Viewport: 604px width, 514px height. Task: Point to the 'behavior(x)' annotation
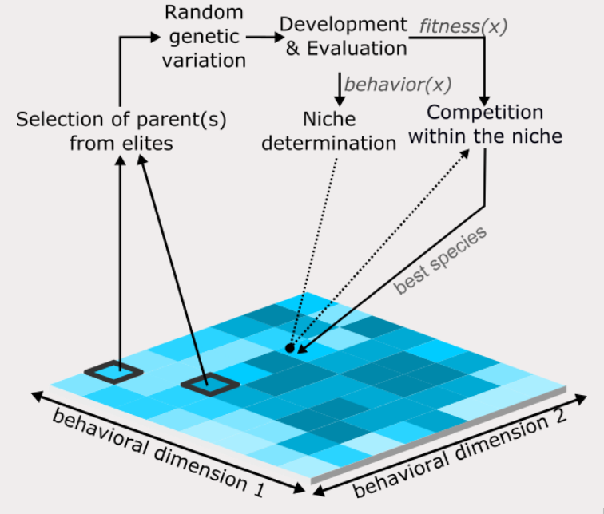tap(398, 83)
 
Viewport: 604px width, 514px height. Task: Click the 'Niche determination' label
tap(340, 132)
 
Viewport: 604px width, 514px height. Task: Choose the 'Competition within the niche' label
tap(485, 124)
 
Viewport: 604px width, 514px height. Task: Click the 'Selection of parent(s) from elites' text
tap(121, 132)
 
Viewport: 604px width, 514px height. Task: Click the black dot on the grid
tap(290, 348)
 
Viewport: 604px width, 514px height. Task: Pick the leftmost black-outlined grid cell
tap(113, 371)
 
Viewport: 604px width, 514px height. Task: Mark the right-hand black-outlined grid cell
tap(210, 385)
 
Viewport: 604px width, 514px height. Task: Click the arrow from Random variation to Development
tap(260, 37)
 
